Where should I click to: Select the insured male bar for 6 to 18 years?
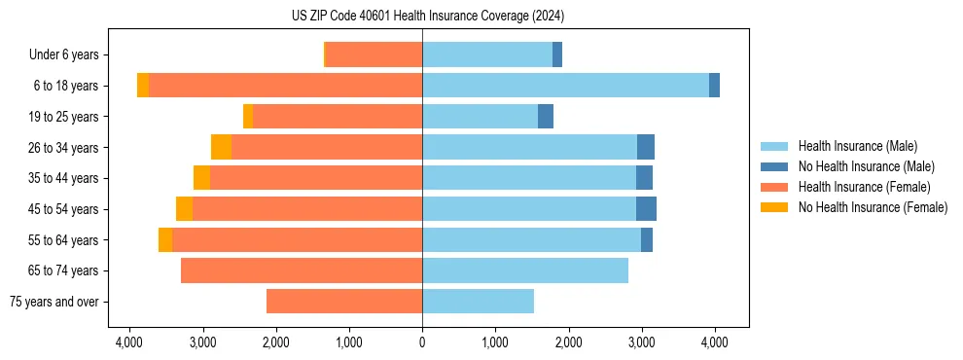pyautogui.click(x=565, y=86)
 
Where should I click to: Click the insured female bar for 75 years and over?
pyautogui.click(x=343, y=302)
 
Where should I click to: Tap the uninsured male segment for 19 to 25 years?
pyautogui.click(x=546, y=117)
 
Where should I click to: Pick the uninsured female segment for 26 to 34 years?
pyautogui.click(x=221, y=147)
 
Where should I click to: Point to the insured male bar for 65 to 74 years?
pyautogui.click(x=525, y=270)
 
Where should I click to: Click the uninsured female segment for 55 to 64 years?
pyautogui.click(x=165, y=239)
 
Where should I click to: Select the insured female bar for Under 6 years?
pyautogui.click(x=374, y=54)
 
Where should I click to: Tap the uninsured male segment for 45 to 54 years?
pyautogui.click(x=646, y=209)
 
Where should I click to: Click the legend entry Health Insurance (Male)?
pyautogui.click(x=857, y=146)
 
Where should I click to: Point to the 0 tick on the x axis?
pyautogui.click(x=422, y=342)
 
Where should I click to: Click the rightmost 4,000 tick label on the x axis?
pyautogui.click(x=715, y=342)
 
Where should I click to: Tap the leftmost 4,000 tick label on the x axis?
pyautogui.click(x=129, y=342)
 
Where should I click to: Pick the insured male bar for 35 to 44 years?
pyautogui.click(x=529, y=178)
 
